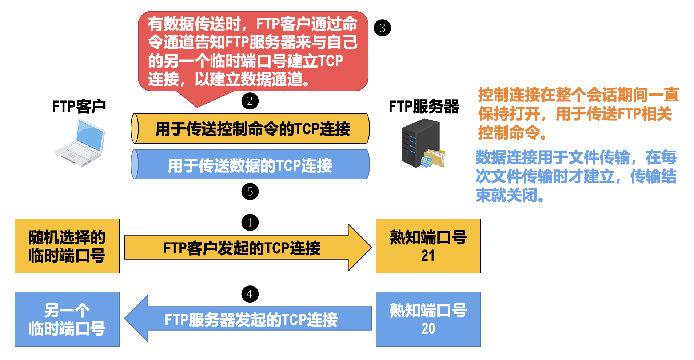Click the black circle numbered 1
[x=250, y=223]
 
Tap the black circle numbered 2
[x=250, y=101]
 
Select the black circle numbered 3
[x=382, y=28]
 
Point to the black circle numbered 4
[x=250, y=294]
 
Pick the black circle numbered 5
[x=250, y=192]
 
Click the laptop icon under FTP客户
[x=80, y=144]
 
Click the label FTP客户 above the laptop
[x=79, y=107]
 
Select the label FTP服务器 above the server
[x=424, y=107]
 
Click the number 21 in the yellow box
[x=428, y=256]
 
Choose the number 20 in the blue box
[x=428, y=329]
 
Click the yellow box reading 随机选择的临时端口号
[x=67, y=246]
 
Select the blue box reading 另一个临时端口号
[x=67, y=319]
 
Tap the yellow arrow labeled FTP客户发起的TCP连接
[x=242, y=248]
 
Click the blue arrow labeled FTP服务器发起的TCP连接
[x=251, y=319]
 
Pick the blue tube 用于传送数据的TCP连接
[x=250, y=165]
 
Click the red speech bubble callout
[x=253, y=51]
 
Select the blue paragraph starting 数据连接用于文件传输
[x=576, y=176]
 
